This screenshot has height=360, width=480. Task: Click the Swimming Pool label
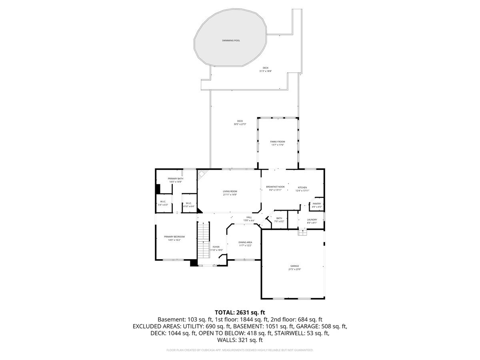231,40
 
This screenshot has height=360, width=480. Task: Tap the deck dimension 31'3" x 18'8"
265,71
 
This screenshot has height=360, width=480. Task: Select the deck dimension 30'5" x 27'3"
240,124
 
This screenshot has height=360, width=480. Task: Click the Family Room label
278,142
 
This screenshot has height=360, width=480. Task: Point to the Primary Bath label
175,178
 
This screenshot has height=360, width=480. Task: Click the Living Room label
230,191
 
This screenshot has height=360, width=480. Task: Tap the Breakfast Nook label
275,187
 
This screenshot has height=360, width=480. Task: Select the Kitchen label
302,188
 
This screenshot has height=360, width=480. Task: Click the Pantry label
317,204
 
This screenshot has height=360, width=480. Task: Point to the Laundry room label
312,220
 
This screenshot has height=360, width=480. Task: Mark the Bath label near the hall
279,218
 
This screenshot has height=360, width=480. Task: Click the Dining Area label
245,242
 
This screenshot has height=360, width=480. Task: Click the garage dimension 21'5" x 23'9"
294,269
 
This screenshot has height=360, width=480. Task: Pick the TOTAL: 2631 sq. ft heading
240,312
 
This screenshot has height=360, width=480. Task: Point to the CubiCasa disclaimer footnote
240,350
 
